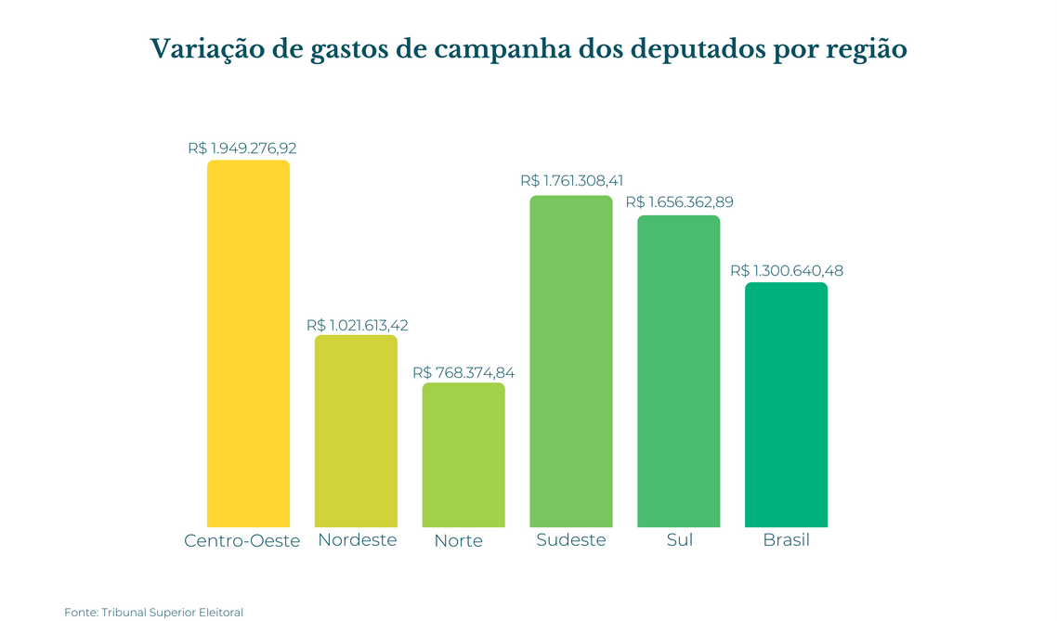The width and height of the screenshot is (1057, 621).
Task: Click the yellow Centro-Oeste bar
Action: pyautogui.click(x=248, y=343)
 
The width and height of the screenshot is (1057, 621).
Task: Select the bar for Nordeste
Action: pyautogui.click(x=356, y=431)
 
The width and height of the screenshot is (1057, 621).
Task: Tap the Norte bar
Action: pyautogui.click(x=463, y=455)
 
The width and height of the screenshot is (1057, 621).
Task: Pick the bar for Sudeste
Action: pyautogui.click(x=571, y=361)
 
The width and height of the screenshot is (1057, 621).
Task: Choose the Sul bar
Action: pyautogui.click(x=679, y=371)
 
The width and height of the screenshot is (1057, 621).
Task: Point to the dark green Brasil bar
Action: pyautogui.click(x=786, y=405)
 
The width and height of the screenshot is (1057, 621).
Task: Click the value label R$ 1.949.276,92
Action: pyautogui.click(x=242, y=148)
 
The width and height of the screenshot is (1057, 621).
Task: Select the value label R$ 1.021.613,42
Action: pyautogui.click(x=358, y=326)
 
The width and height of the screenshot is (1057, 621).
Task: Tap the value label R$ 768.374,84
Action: pyautogui.click(x=463, y=373)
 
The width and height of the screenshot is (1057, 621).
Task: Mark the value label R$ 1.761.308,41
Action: pyautogui.click(x=572, y=182)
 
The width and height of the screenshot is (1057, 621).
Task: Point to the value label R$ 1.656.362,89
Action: pyautogui.click(x=679, y=202)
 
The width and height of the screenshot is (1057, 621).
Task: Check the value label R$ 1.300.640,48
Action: pyautogui.click(x=787, y=271)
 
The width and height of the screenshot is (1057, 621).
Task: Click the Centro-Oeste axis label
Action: pyautogui.click(x=242, y=541)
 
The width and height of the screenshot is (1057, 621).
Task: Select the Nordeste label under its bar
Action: pyautogui.click(x=358, y=539)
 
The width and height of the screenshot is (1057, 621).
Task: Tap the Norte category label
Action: pyautogui.click(x=459, y=541)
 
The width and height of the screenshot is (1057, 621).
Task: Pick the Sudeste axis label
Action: pyautogui.click(x=571, y=539)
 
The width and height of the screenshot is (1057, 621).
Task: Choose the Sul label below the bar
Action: pyautogui.click(x=680, y=539)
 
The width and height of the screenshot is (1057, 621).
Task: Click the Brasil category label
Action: pyautogui.click(x=786, y=539)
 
